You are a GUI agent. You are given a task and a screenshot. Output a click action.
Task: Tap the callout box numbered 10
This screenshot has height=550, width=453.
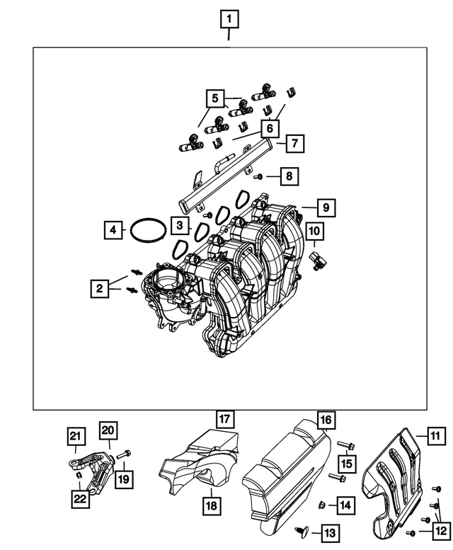314,230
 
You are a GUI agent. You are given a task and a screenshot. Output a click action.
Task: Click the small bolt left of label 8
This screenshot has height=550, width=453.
260,175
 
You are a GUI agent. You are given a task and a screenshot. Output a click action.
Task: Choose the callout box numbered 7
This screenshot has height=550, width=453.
296,144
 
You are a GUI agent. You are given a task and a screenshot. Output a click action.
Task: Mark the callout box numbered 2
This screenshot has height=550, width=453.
100,287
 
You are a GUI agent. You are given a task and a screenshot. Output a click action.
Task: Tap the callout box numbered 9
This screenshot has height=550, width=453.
326,208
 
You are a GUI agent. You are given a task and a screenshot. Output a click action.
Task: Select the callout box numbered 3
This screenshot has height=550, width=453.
181,226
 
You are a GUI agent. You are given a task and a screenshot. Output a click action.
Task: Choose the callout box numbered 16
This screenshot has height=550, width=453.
325,420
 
